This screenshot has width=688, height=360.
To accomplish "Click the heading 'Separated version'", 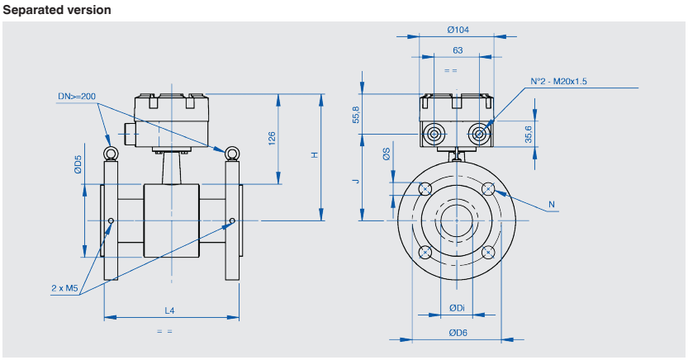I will point(56,10).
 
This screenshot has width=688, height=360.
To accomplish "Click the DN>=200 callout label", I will point(77,97).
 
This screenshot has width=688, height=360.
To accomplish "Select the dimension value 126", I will point(272,138).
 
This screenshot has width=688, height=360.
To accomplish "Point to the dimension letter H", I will point(315,155).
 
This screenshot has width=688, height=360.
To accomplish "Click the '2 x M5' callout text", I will point(64,288).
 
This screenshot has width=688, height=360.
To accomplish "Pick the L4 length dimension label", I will point(170,310).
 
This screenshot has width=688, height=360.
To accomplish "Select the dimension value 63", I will point(458,50).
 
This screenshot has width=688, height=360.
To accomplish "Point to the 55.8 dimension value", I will point(357,115).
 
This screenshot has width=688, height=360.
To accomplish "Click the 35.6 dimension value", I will point(528,133).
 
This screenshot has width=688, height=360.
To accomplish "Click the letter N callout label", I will point(552,204).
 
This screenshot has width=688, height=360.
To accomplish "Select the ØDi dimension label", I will point(457,308).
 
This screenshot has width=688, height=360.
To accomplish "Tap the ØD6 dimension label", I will point(458,333).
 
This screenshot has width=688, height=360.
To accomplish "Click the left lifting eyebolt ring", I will point(109,153).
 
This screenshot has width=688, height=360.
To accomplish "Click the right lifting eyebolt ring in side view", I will point(232,153).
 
